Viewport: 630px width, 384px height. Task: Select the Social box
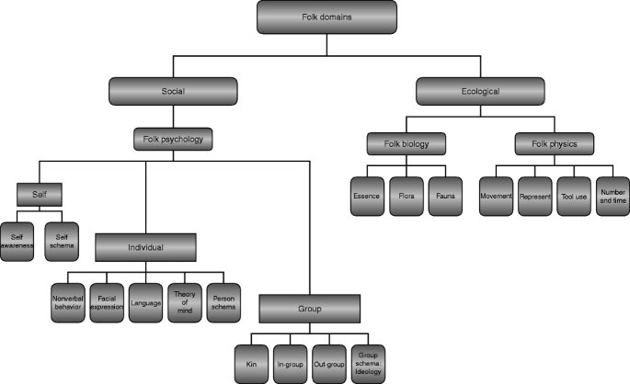[174, 92]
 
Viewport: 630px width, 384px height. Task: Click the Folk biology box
[406, 143]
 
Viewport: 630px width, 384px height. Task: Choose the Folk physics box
[544, 143]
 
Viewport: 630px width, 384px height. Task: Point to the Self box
[37, 195]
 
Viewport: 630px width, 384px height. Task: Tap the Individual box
[145, 245]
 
